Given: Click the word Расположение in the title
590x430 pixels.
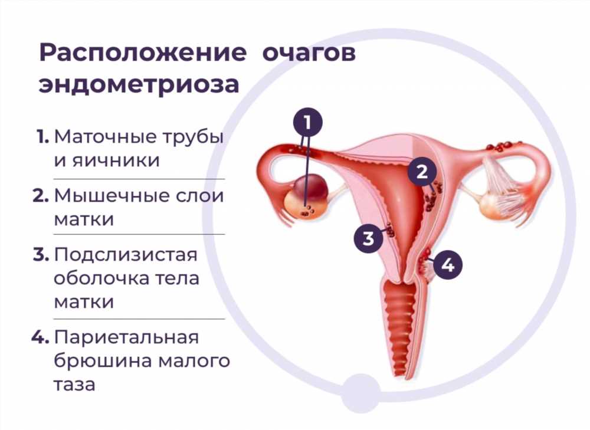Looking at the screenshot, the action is [143, 52].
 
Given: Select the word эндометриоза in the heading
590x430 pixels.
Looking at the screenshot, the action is [139, 85].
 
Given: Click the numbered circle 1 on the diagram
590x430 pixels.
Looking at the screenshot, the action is [308, 122].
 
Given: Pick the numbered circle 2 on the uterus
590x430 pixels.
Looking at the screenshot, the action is [422, 172].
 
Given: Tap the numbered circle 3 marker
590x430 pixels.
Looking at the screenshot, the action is [368, 238].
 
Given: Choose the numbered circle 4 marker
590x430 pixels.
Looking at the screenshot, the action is [447, 265].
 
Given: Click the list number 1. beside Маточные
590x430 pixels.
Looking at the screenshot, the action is [42, 137].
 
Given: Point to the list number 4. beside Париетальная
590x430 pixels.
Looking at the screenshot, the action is [40, 337].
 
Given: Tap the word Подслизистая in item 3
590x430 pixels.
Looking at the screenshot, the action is [126, 255].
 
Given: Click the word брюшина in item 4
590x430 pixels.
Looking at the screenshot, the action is [102, 361].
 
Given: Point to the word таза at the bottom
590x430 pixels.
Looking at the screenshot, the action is [74, 385].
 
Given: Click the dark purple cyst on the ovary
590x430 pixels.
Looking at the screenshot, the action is [311, 187].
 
